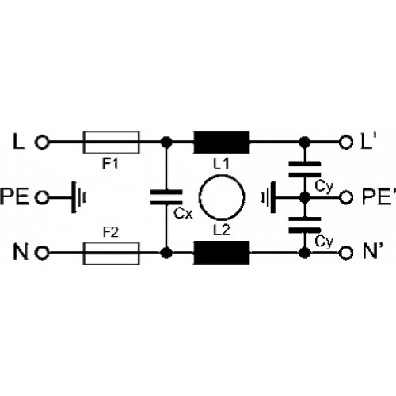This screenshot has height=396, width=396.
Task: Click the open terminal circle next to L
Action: tap(42, 143)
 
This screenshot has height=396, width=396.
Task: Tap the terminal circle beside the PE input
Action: tap(42, 197)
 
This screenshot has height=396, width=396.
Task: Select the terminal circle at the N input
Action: tap(42, 253)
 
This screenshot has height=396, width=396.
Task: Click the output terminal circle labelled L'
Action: tap(346, 143)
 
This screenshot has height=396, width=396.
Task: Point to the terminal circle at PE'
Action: tap(346, 197)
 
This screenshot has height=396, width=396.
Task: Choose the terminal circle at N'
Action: tap(346, 253)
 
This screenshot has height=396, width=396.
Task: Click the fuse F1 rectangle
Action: tap(111, 143)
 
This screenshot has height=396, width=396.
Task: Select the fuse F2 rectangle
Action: tap(111, 253)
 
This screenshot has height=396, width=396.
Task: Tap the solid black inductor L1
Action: tap(222, 143)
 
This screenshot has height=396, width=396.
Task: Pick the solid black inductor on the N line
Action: tap(222, 253)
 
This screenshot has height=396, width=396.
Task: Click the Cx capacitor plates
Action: tap(166, 197)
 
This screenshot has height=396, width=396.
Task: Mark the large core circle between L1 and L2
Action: tap(222, 197)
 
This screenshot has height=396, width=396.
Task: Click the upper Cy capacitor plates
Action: tap(305, 169)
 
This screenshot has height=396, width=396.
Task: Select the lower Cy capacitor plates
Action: tap(305, 225)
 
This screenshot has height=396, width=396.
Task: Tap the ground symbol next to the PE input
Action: tap(78, 197)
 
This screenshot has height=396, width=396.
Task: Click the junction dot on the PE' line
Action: tap(305, 197)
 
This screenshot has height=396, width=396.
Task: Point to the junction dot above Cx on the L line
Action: tap(166, 143)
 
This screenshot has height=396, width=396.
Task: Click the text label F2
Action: tap(111, 233)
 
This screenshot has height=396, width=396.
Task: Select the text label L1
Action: tap(221, 164)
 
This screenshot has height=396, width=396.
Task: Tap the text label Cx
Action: tap(183, 214)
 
